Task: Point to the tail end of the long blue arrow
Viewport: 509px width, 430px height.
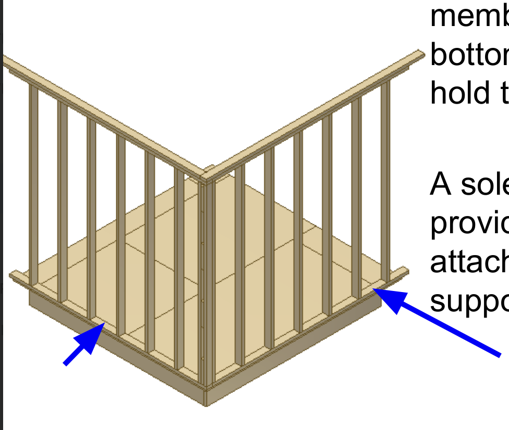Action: (x=499, y=355)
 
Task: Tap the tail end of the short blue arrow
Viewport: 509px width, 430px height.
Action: (x=65, y=364)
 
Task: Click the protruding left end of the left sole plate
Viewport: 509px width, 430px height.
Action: (x=15, y=276)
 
